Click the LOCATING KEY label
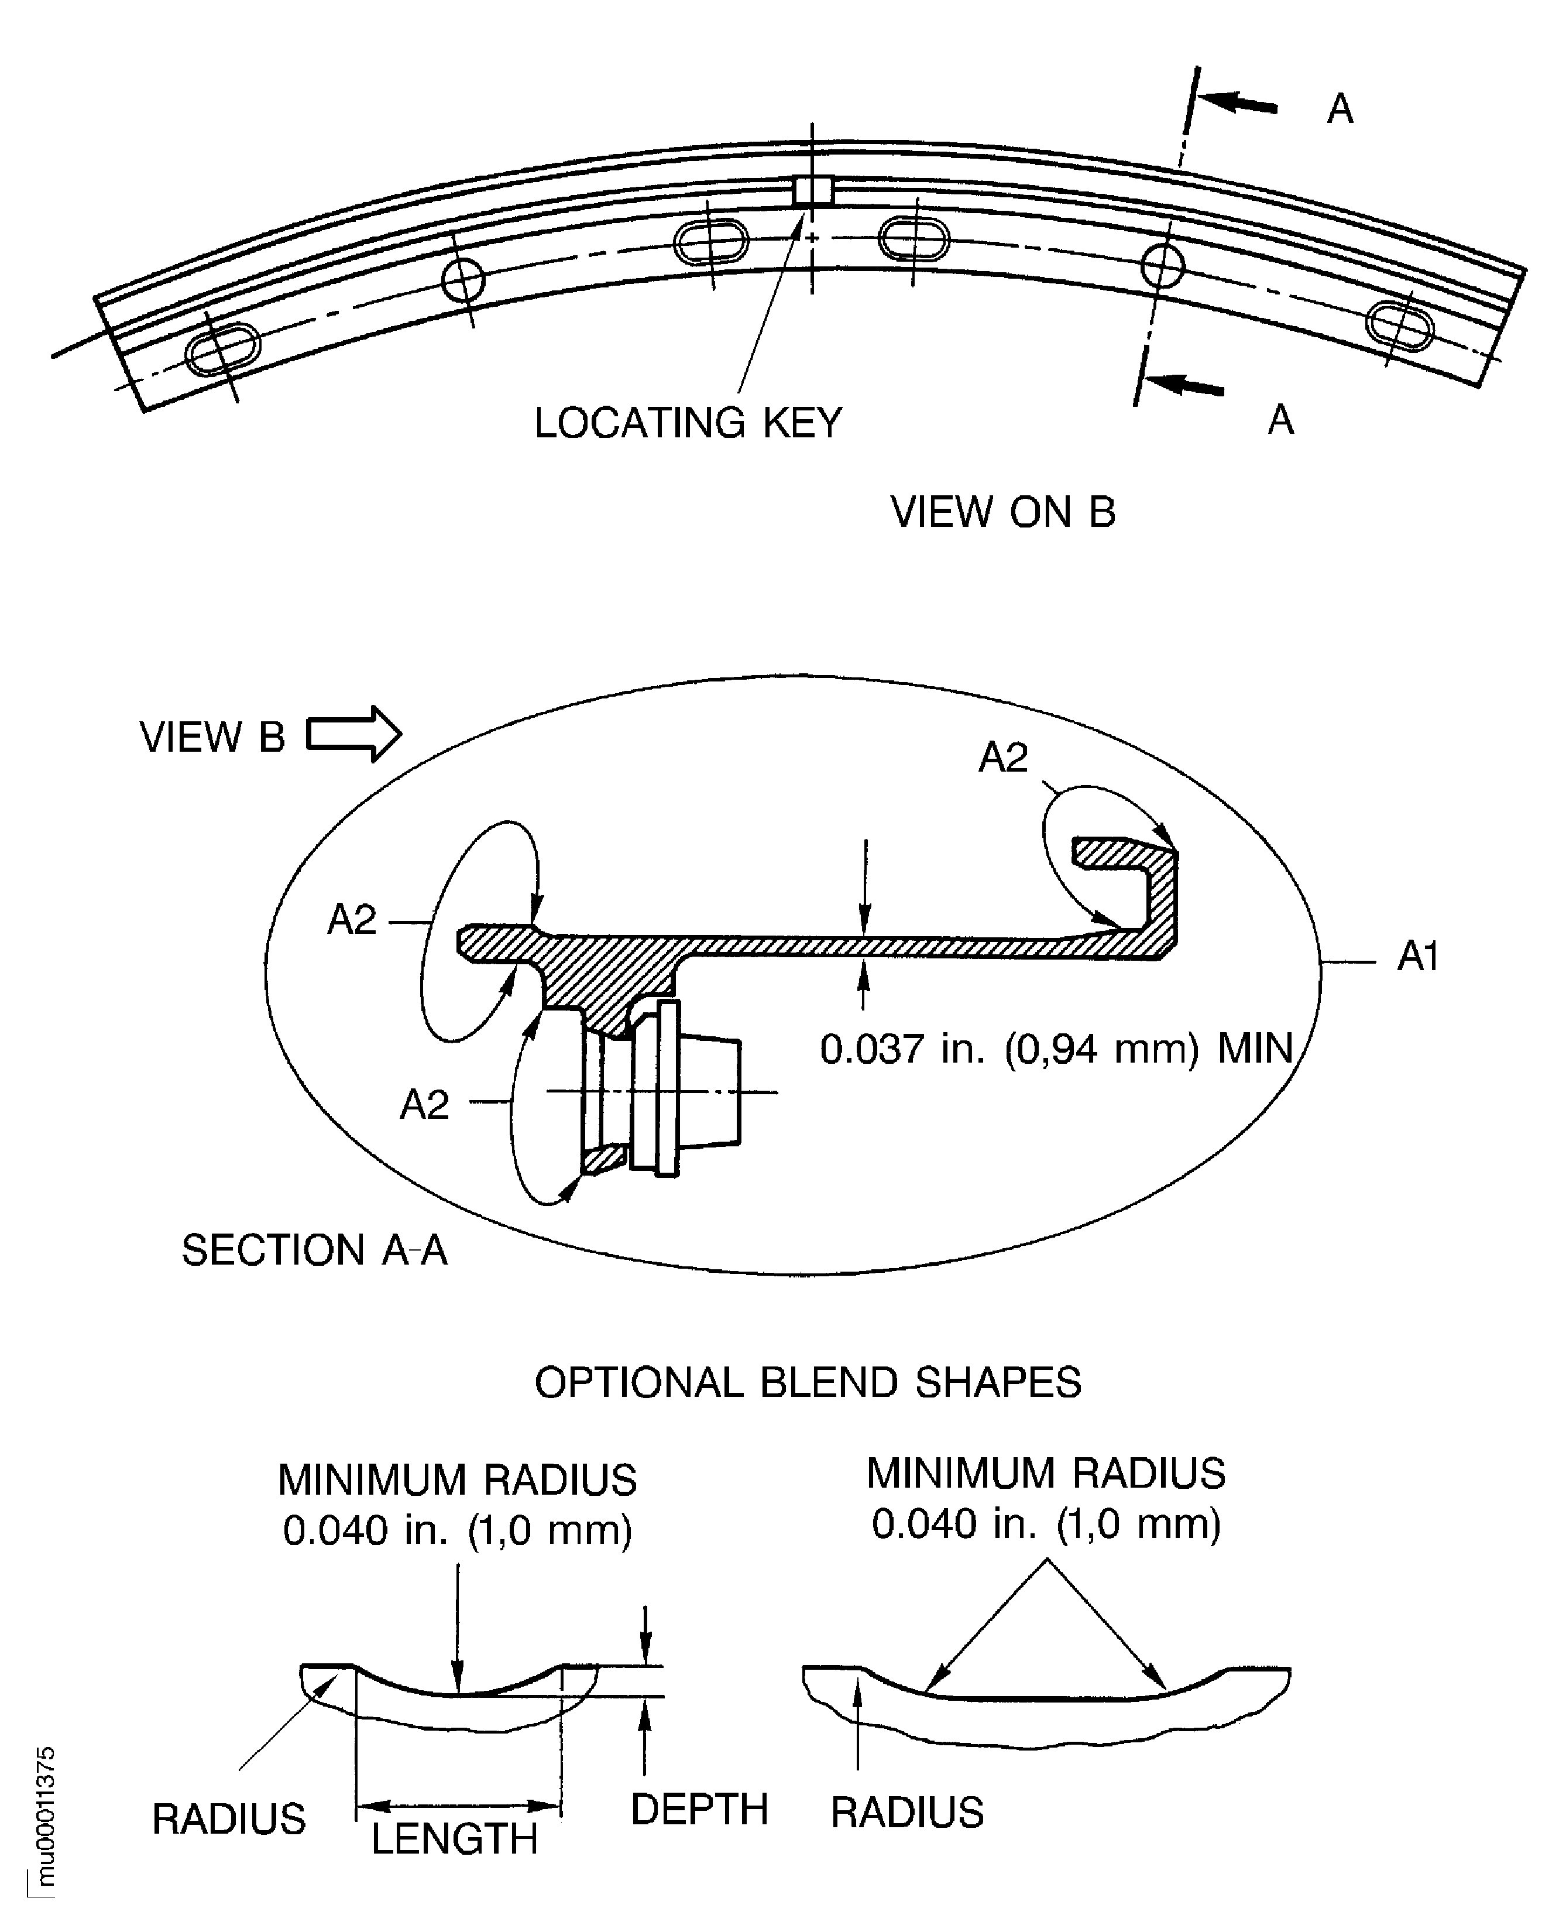point(688,422)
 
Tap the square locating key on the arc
point(812,191)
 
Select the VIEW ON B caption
point(1003,512)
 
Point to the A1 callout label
point(1417,957)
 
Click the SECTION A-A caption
point(314,1250)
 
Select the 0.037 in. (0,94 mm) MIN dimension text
point(1056,1049)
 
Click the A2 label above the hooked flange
point(1003,757)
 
